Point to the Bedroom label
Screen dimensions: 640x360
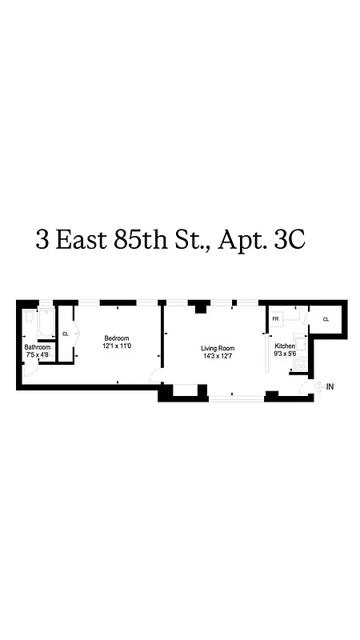click(x=117, y=338)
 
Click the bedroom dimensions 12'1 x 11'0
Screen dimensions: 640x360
click(x=117, y=346)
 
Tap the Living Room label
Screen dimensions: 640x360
click(x=217, y=348)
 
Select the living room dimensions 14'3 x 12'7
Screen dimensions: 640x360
click(x=217, y=356)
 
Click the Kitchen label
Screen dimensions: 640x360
click(x=285, y=346)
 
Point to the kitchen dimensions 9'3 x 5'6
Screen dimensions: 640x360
click(x=285, y=353)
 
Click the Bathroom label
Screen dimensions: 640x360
click(x=37, y=347)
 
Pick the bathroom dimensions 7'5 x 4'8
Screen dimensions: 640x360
click(x=37, y=354)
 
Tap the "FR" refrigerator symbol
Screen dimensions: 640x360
click(x=274, y=319)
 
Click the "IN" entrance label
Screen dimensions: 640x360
click(x=330, y=386)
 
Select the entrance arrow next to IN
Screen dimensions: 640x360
click(x=319, y=386)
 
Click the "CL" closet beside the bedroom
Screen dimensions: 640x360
click(x=66, y=334)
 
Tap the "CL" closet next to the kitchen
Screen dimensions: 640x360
click(x=326, y=319)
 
